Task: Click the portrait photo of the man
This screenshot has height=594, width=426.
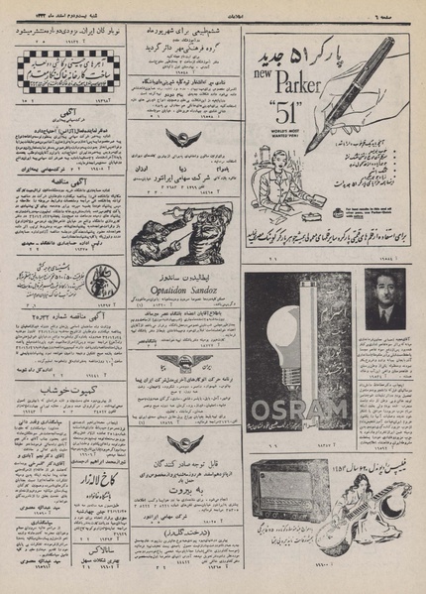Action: pos(380,299)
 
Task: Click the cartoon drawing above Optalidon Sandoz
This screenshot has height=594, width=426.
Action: pos(182,235)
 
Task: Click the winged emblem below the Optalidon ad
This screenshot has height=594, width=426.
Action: pos(182,364)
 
